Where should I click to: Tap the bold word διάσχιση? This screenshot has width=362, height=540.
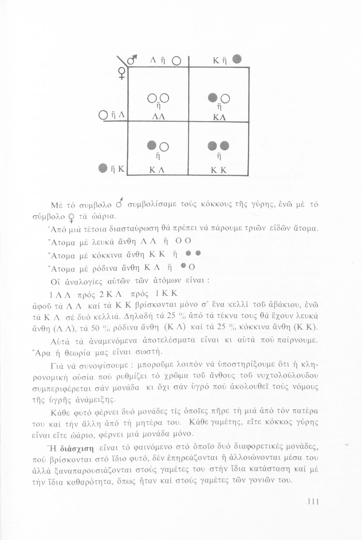point(77,449)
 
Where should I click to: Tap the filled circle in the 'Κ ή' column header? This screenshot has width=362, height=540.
point(236,58)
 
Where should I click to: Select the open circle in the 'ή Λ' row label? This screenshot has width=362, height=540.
point(102,116)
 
